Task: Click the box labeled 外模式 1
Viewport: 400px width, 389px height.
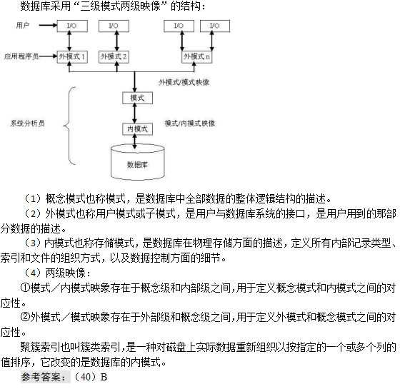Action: [x=72, y=56]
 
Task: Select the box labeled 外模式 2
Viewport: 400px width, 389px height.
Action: [x=114, y=56]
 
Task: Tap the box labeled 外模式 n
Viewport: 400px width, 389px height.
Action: [x=196, y=56]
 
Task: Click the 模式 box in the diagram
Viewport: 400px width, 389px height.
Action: [x=137, y=98]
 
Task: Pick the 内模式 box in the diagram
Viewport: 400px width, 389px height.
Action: [x=137, y=128]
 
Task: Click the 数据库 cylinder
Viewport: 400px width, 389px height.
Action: [x=137, y=162]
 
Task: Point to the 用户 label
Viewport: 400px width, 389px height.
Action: [x=22, y=25]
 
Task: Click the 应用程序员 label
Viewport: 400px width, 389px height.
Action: [x=21, y=56]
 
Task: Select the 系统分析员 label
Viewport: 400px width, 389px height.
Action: [x=28, y=123]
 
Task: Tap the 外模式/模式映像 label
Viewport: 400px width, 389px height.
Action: [x=184, y=82]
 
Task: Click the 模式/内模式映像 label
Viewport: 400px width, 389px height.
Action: [x=190, y=123]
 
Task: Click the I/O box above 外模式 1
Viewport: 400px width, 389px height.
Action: [x=72, y=26]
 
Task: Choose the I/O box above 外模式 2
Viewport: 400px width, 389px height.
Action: [x=114, y=26]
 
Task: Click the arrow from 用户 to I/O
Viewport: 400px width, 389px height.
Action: [x=48, y=25]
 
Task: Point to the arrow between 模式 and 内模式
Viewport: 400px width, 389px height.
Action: [x=135, y=113]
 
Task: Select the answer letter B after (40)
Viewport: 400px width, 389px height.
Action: [x=104, y=377]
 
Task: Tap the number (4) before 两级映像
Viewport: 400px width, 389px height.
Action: [x=33, y=273]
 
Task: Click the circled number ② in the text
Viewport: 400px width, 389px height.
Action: [x=25, y=318]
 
